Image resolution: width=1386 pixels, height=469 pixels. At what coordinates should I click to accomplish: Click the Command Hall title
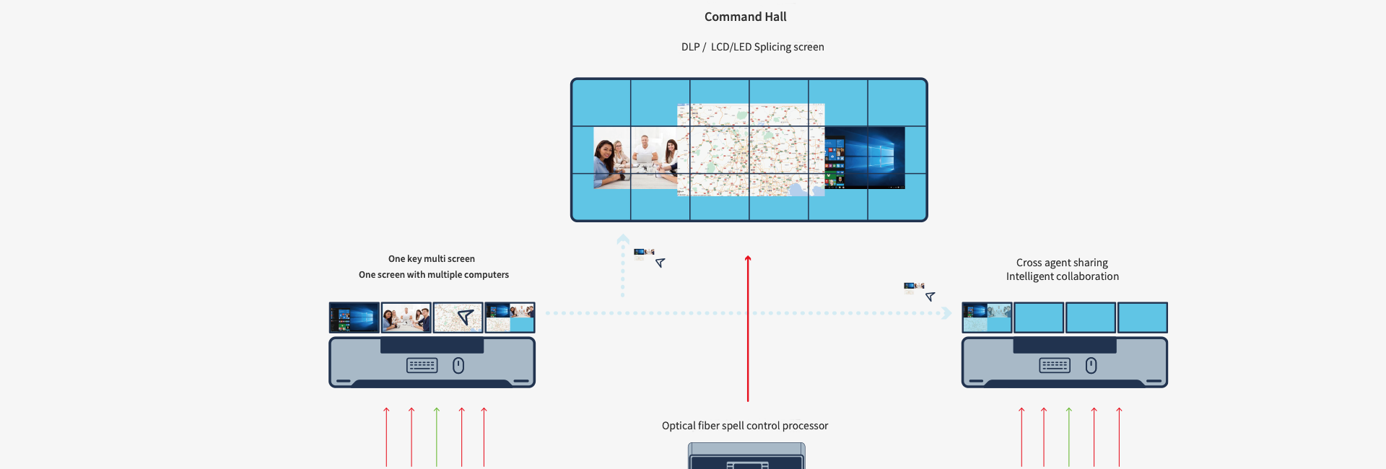click(x=745, y=17)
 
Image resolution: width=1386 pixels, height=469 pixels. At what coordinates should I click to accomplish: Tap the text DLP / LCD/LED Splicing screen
click(x=752, y=47)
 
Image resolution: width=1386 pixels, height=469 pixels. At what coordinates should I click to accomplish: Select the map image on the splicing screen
click(x=751, y=150)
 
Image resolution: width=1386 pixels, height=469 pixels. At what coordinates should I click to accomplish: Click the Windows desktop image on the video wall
click(x=865, y=157)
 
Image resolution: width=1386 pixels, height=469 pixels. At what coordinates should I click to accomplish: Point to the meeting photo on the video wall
click(x=635, y=158)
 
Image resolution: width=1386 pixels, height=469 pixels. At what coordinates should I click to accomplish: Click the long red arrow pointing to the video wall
click(x=748, y=328)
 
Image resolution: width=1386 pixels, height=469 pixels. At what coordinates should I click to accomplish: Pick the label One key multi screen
click(x=432, y=259)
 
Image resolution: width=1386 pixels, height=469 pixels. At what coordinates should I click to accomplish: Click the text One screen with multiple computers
click(x=433, y=275)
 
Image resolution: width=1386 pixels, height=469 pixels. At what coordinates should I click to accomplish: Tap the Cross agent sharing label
click(x=1062, y=263)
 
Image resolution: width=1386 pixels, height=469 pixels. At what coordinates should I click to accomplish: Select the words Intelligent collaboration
click(x=1062, y=276)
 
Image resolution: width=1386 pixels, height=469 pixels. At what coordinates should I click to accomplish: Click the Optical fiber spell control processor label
click(x=744, y=426)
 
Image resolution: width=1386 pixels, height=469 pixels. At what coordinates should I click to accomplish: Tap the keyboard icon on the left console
click(x=422, y=366)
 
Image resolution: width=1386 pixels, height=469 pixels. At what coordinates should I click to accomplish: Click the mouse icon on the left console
click(x=458, y=366)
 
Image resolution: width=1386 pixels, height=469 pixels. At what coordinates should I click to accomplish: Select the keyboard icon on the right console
click(x=1055, y=366)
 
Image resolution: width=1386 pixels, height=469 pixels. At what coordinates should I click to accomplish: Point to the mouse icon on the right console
click(x=1091, y=366)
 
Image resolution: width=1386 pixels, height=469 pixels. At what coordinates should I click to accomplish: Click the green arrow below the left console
click(x=437, y=437)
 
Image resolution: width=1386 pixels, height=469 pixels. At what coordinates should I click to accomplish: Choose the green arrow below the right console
click(x=1069, y=437)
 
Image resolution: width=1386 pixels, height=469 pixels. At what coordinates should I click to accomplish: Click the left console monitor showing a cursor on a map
click(x=458, y=317)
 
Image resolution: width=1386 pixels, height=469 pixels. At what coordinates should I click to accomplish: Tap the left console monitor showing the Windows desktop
click(x=354, y=317)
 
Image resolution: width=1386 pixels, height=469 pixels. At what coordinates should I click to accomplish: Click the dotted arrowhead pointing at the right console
click(x=947, y=313)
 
